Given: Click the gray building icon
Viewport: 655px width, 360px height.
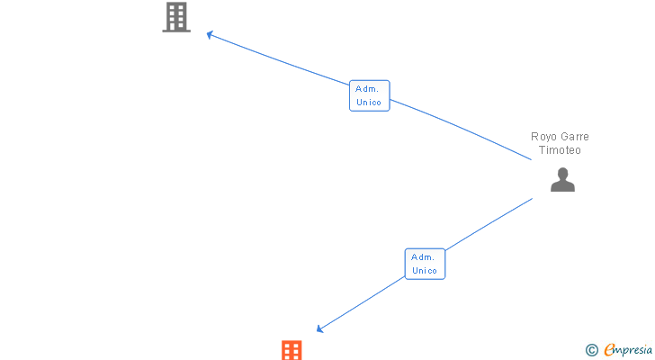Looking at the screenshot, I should tap(176, 17).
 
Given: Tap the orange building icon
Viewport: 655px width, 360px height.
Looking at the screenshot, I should tap(292, 350).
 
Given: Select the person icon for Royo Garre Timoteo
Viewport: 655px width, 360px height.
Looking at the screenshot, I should tap(562, 181).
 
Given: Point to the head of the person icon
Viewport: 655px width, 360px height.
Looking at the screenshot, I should tap(562, 174).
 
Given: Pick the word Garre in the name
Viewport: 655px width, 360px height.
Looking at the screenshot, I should tap(574, 137).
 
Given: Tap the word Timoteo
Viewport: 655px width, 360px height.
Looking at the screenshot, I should tap(560, 150).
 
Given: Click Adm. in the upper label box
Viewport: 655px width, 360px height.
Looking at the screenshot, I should tap(369, 88).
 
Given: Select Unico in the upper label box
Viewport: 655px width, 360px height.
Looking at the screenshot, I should tap(369, 103).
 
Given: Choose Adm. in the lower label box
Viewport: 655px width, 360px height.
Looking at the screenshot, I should tap(425, 256).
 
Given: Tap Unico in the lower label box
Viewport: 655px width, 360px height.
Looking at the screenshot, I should tap(425, 271).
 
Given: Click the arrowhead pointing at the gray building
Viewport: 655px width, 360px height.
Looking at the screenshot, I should tap(210, 35).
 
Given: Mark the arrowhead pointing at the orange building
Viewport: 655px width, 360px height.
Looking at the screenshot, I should tap(319, 329).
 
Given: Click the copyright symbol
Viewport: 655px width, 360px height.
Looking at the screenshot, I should tap(591, 350).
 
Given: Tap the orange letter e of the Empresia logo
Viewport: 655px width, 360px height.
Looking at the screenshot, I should tap(609, 350).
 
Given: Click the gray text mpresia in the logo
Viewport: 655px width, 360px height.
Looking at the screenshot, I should tap(634, 350).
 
